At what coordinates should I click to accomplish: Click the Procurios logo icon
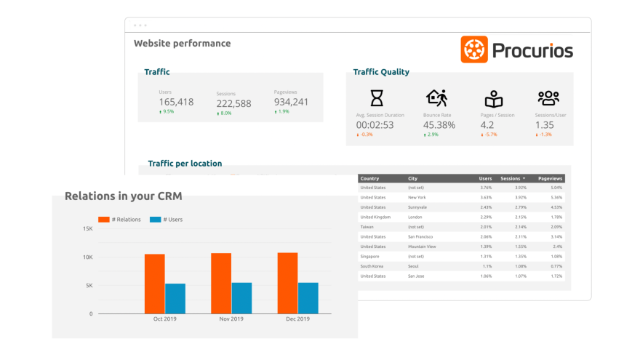[x=474, y=49]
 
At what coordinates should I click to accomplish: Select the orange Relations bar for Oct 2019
[x=154, y=284]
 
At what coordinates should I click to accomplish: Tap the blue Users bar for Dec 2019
[x=308, y=298]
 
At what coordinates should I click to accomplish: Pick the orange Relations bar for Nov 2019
[x=221, y=284]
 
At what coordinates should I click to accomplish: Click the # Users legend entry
[x=167, y=219]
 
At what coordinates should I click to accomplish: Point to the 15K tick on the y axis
[x=87, y=229]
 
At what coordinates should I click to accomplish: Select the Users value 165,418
[x=176, y=102]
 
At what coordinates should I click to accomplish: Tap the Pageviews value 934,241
[x=291, y=102]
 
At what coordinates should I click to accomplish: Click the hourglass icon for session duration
[x=377, y=98]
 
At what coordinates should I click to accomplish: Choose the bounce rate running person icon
[x=436, y=98]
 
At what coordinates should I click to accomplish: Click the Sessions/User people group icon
[x=548, y=98]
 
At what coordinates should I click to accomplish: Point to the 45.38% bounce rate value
[x=439, y=125]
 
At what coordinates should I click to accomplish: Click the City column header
[x=413, y=178]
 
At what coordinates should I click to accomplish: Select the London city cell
[x=416, y=217]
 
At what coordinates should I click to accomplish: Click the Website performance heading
[x=182, y=44]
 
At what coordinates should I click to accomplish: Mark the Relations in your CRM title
[x=123, y=196]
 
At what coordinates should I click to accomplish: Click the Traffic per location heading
[x=185, y=164]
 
